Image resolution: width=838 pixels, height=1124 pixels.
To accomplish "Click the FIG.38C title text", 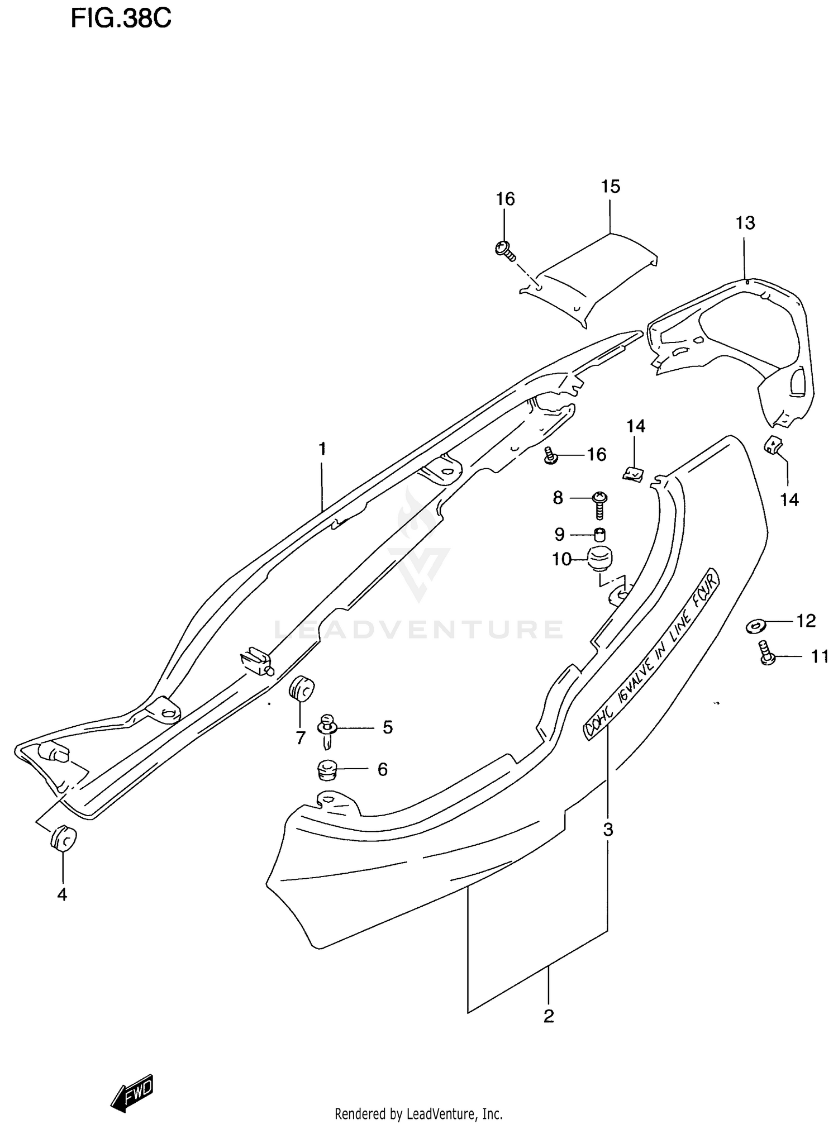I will pyautogui.click(x=121, y=19).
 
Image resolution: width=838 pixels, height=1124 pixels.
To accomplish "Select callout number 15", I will pyautogui.click(x=611, y=187).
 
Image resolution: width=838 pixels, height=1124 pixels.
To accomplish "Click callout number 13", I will pyautogui.click(x=745, y=223).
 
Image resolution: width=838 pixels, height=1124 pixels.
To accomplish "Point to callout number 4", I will pyautogui.click(x=62, y=894).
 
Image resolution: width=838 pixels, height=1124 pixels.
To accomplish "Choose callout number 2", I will pyautogui.click(x=549, y=1016).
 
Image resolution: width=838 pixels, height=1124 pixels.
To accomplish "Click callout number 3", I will pyautogui.click(x=608, y=830).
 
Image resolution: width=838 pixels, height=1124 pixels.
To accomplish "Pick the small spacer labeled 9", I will pyautogui.click(x=599, y=535).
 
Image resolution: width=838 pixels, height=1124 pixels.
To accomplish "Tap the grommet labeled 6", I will pyautogui.click(x=327, y=770).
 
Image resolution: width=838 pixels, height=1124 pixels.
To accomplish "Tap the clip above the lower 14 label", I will pyautogui.click(x=773, y=445).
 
